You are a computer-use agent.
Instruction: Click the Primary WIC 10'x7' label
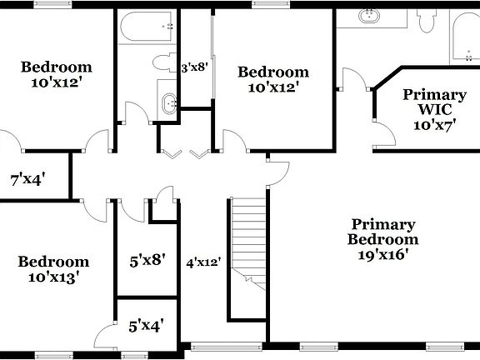(x=434, y=110)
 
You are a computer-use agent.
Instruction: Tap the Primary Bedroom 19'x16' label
(x=382, y=240)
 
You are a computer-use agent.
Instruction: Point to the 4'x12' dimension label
(x=203, y=262)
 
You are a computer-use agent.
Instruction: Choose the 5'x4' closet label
(x=146, y=327)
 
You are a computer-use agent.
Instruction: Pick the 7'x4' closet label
(x=27, y=178)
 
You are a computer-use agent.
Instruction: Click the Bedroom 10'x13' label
(x=53, y=269)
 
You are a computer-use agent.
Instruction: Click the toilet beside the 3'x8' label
(x=162, y=62)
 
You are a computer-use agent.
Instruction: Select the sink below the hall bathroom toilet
(x=170, y=105)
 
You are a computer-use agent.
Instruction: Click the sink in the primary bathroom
(x=369, y=16)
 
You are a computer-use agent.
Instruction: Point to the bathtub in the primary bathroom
(x=464, y=37)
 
